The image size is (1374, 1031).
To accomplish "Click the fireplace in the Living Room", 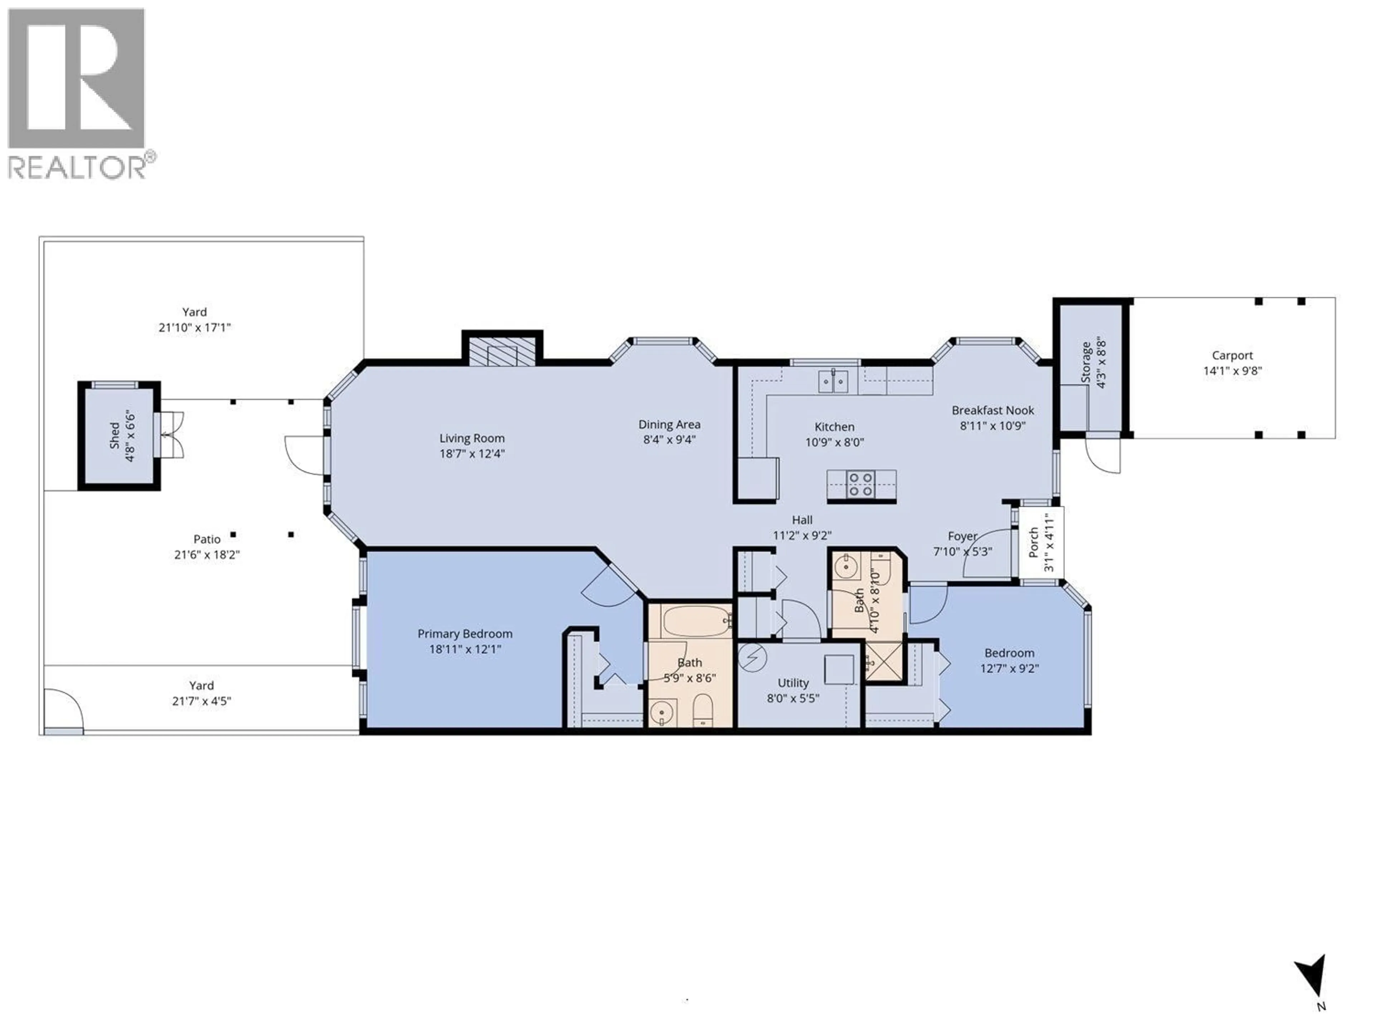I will point(502,352).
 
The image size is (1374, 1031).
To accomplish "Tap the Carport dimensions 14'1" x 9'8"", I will point(1232,371).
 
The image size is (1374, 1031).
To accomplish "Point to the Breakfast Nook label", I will point(993,410).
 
